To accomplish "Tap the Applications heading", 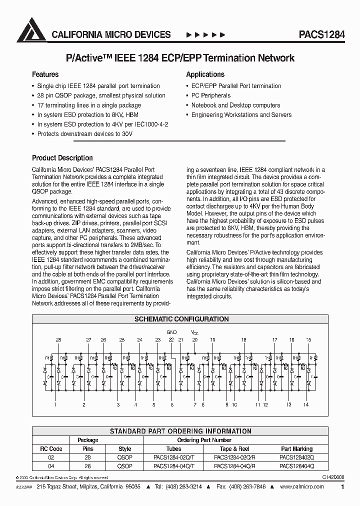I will click(x=205, y=74).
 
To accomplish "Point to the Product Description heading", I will click(x=62, y=158).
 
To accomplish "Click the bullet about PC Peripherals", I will click(x=210, y=95).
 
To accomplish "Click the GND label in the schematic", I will click(x=171, y=332).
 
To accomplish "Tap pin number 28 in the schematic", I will click(x=58, y=340).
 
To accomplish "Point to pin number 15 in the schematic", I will click(x=308, y=340).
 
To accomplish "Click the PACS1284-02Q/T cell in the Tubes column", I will click(x=173, y=457).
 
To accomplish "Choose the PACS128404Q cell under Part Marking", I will click(x=296, y=465).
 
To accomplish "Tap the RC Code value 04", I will click(x=51, y=465).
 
